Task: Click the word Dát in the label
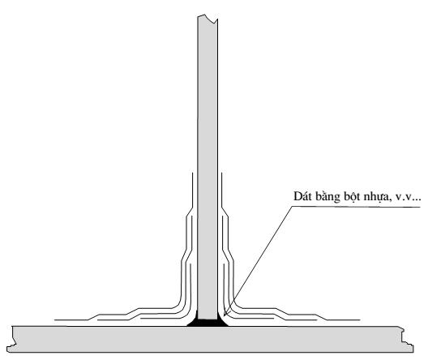pyautogui.click(x=302, y=196)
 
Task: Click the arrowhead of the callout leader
pyautogui.click(x=225, y=313)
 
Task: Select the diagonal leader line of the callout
pyautogui.click(x=258, y=261)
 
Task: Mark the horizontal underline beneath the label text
pyautogui.click(x=356, y=207)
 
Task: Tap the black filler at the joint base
pyautogui.click(x=208, y=323)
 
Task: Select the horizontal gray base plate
pyautogui.click(x=210, y=339)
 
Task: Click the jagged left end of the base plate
pyautogui.click(x=10, y=339)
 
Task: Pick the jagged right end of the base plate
pyautogui.click(x=408, y=339)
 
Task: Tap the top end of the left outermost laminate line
pyautogui.click(x=193, y=173)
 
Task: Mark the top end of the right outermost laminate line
pyautogui.click(x=221, y=173)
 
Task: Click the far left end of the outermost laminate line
pyautogui.click(x=55, y=319)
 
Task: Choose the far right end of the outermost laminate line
pyautogui.click(x=360, y=319)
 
